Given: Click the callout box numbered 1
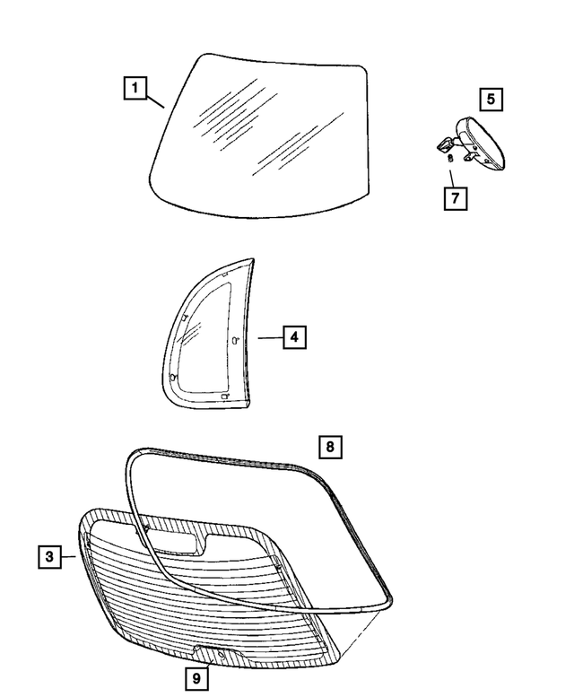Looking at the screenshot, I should (135, 88).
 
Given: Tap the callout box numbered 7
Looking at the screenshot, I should (455, 197).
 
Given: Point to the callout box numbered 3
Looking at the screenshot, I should (50, 557).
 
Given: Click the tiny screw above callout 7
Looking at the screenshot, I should (449, 159).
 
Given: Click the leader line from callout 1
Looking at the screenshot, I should (155, 98).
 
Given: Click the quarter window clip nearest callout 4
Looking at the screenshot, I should (235, 340).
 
